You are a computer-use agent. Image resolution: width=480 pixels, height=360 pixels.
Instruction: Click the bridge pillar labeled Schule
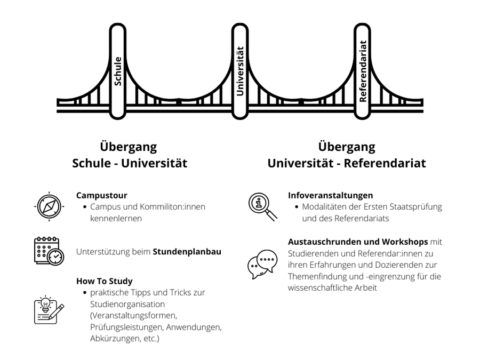[118, 71]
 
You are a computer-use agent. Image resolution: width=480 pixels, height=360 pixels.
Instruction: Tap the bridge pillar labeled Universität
[240, 71]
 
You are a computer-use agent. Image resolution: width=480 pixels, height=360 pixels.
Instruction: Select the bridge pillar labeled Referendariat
[363, 71]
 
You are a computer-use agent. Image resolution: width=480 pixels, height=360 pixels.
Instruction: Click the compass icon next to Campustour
[49, 206]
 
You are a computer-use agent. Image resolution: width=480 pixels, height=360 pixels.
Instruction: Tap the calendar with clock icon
[49, 251]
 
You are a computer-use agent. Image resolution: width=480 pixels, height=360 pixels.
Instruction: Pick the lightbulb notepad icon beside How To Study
[49, 310]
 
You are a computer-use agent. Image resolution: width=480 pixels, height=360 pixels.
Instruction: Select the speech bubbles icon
[262, 264]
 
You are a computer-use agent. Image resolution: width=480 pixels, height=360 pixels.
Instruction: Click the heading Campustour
[102, 195]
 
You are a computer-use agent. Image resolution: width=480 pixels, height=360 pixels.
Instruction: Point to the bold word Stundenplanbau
[187, 252]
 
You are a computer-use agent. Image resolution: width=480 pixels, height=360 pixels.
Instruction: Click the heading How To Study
[105, 281]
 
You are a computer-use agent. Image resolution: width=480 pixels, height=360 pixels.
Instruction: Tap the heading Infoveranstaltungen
[330, 195]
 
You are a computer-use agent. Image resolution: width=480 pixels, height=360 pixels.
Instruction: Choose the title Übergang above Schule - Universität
[129, 147]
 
